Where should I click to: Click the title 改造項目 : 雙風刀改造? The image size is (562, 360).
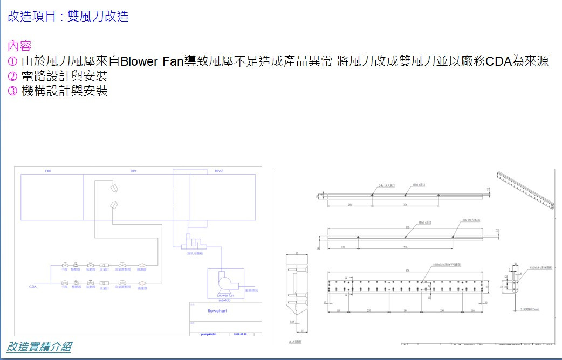click(68, 16)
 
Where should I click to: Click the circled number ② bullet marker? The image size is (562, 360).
click(12, 76)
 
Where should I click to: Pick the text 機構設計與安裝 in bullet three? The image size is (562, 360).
click(64, 91)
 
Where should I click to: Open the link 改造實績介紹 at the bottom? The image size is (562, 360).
click(39, 347)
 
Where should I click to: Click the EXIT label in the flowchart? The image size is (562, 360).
click(48, 171)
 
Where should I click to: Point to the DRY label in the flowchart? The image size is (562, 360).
click(134, 171)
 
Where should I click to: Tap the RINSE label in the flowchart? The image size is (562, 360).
click(219, 171)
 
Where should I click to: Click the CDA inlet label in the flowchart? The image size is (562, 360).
click(32, 287)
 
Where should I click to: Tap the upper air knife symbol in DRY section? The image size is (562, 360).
click(114, 189)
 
